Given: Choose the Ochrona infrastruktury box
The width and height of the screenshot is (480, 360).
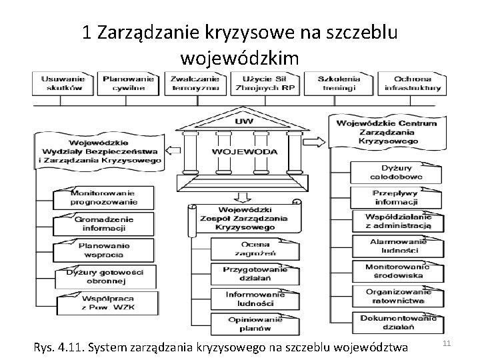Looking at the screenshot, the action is pos(413,82).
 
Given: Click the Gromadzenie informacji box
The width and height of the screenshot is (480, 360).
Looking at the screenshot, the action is pos(104,223).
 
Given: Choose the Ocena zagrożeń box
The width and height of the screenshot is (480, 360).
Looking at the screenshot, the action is pos(251,248).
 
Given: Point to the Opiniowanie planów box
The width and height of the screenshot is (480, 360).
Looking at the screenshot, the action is pos(251,324).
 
